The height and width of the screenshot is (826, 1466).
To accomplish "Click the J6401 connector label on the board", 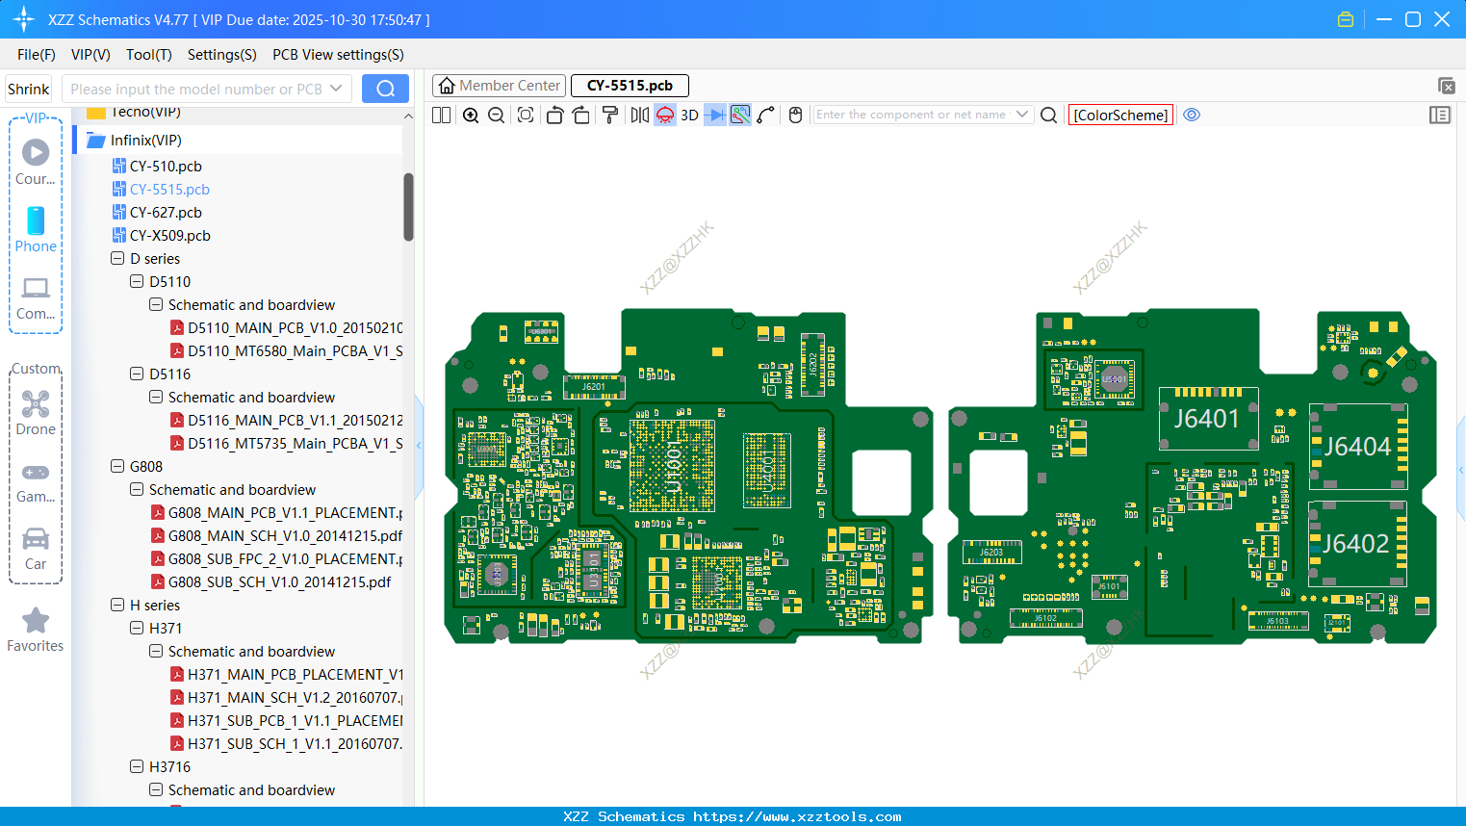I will tap(1206, 419).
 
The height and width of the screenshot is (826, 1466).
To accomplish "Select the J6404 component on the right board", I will tap(1357, 447).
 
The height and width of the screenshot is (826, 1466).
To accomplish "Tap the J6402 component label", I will tap(1355, 544).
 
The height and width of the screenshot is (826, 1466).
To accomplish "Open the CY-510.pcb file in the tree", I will tap(166, 167).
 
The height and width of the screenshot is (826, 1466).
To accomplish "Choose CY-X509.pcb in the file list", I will tap(169, 236).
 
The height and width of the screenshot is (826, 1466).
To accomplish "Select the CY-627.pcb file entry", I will tap(166, 213).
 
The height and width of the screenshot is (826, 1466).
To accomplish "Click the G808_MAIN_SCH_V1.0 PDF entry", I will tap(284, 536).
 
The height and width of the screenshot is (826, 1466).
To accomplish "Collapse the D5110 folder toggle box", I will tap(137, 282).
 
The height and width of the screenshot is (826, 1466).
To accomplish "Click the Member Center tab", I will tap(499, 86).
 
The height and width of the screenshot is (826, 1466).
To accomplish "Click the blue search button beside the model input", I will tap(385, 89).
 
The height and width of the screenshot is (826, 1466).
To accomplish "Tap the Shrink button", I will tap(29, 89).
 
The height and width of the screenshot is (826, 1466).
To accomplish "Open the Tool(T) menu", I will tap(148, 55).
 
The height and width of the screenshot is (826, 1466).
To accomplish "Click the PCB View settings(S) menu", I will tap(338, 55).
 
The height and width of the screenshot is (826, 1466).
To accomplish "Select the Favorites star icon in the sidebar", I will tap(36, 621).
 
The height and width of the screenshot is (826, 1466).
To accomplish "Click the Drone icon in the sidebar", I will tap(36, 404).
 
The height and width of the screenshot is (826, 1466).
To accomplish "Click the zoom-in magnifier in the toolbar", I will tap(471, 116).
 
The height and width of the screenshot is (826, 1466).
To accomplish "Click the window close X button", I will tap(1441, 19).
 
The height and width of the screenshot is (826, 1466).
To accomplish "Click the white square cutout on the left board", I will tap(882, 482).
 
